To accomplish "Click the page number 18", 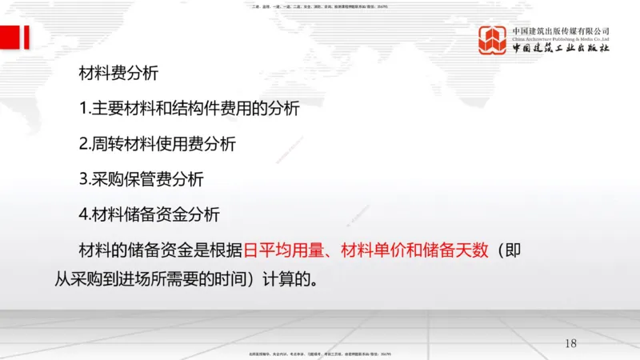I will click(570, 343).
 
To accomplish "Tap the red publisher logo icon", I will click(492, 40).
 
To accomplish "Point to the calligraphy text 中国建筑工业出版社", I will click(561, 49).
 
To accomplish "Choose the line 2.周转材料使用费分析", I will click(158, 144).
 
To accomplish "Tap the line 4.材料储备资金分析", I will click(150, 214).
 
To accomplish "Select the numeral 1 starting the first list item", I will click(83, 109).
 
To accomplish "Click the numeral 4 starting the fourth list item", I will click(83, 214).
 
